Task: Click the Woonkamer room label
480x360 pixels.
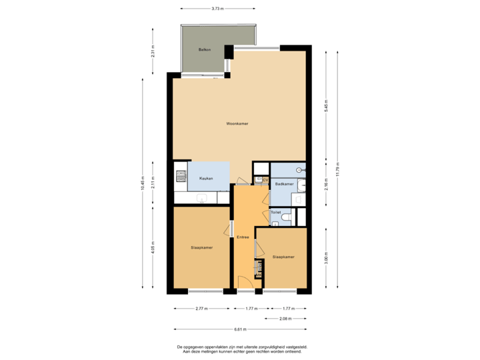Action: (237, 124)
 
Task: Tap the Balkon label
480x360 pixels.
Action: (204, 51)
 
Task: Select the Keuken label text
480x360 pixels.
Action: (205, 179)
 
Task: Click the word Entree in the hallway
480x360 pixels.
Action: (243, 237)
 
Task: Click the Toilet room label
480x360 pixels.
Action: (275, 213)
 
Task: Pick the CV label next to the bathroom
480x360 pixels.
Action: (265, 180)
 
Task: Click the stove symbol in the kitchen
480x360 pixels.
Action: (180, 177)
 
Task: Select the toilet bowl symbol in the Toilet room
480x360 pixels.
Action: (287, 217)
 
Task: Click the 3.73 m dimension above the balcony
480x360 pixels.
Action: (217, 9)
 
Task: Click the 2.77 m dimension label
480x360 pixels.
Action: (201, 309)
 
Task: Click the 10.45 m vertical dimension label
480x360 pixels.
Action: (142, 181)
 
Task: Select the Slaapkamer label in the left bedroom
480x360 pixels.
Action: (201, 247)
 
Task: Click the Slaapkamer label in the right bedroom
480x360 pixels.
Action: (283, 256)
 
